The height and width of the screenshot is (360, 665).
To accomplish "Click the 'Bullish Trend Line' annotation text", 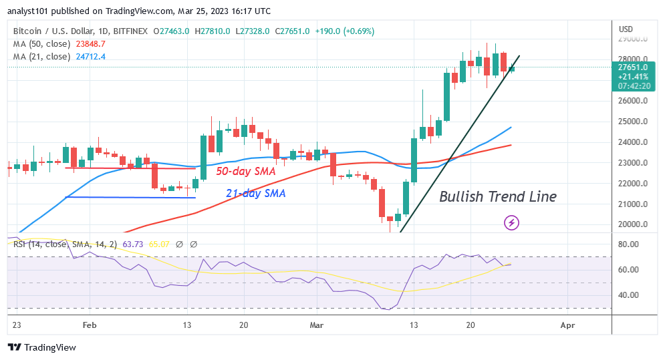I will tap(497, 197).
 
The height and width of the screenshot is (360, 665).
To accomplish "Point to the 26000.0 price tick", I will tap(632, 101).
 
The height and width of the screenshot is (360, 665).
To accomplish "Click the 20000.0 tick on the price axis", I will tap(632, 224).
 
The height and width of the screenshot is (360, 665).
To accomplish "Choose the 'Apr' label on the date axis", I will tap(567, 325).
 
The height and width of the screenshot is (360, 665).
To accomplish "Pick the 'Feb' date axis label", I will tap(88, 325).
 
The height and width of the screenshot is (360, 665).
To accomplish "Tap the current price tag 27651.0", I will tap(632, 67).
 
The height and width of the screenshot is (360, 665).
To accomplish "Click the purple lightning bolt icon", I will tap(512, 222).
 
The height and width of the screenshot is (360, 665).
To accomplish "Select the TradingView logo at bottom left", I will tap(41, 347).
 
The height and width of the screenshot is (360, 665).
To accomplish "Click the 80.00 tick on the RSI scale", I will tap(630, 244).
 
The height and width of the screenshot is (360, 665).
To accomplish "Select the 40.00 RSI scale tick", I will tap(630, 295).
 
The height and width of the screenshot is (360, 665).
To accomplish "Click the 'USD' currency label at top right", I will tap(626, 29).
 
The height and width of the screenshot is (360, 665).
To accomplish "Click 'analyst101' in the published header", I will tap(31, 11).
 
